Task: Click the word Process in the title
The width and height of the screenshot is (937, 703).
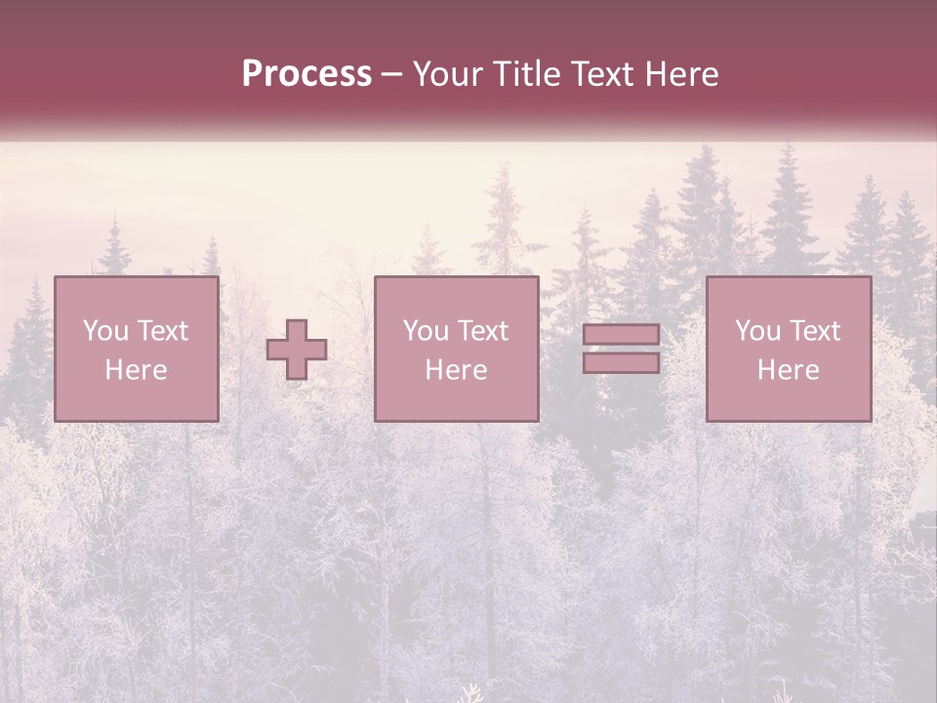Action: tap(306, 74)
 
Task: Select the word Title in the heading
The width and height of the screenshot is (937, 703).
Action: tap(526, 74)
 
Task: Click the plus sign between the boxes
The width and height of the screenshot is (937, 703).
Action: tap(297, 350)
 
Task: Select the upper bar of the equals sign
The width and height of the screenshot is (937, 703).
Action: tap(621, 335)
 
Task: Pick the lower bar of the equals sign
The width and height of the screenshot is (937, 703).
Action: tap(621, 362)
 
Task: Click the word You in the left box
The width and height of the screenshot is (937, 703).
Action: tap(104, 331)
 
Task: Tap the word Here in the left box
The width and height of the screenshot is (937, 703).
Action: tap(136, 370)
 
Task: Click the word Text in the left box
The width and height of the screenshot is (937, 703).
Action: tap(162, 331)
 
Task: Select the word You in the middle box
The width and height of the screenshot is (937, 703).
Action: tap(426, 331)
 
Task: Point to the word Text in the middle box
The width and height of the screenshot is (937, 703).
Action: tap(482, 331)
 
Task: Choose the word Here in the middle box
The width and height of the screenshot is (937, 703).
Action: tap(456, 370)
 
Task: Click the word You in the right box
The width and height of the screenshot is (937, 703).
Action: tap(757, 331)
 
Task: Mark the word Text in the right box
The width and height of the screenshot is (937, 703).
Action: tap(814, 331)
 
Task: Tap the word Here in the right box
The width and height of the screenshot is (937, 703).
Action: tap(788, 370)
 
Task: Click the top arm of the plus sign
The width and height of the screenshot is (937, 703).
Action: tap(297, 330)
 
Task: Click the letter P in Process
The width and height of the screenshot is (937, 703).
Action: tap(252, 74)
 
